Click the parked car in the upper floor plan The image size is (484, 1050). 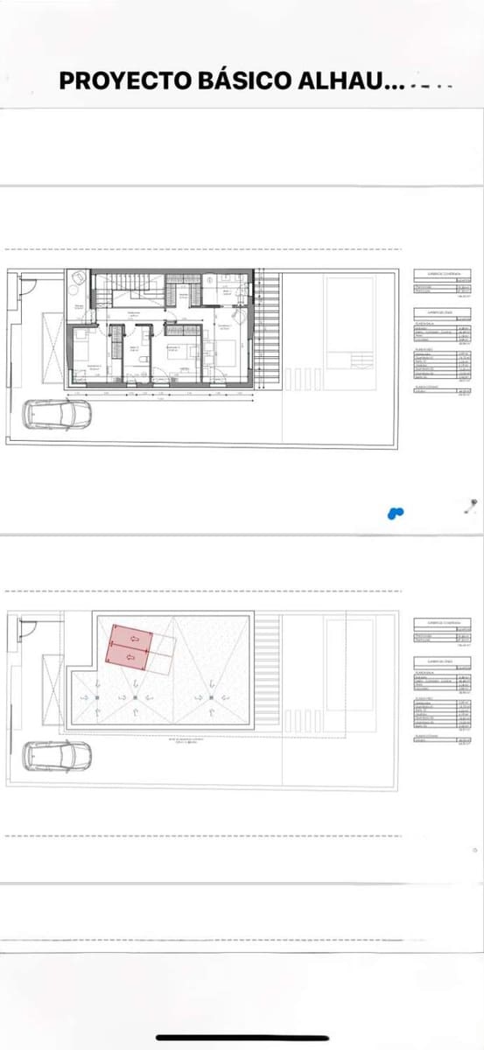(x=57, y=414)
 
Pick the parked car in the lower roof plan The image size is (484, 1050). (x=57, y=754)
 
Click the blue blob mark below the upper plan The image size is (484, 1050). (x=395, y=512)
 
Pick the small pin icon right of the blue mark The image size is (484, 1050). (x=473, y=503)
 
